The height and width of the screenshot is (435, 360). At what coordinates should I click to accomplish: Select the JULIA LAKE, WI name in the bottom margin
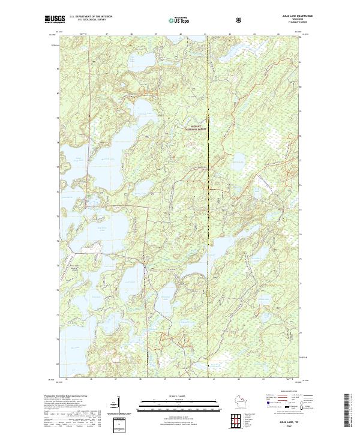click(285, 421)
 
